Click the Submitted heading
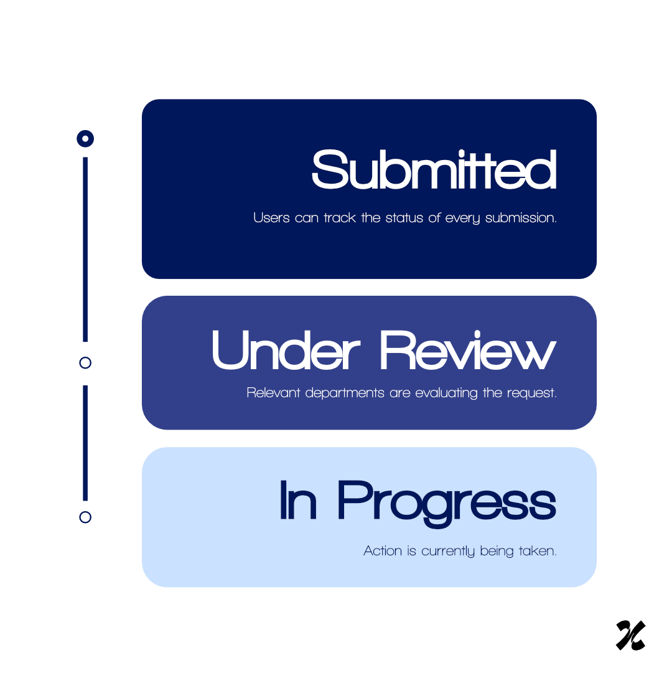(x=434, y=169)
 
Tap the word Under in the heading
(x=286, y=349)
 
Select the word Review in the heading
(x=468, y=349)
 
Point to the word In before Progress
(x=298, y=500)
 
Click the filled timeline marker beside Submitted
(x=85, y=139)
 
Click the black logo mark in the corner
(x=631, y=636)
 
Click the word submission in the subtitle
(x=521, y=218)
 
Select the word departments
(x=345, y=393)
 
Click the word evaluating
(x=446, y=393)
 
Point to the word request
(x=532, y=393)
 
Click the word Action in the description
(x=383, y=551)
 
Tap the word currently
(x=448, y=552)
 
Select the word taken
(x=538, y=551)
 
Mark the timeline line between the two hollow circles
(x=85, y=443)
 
